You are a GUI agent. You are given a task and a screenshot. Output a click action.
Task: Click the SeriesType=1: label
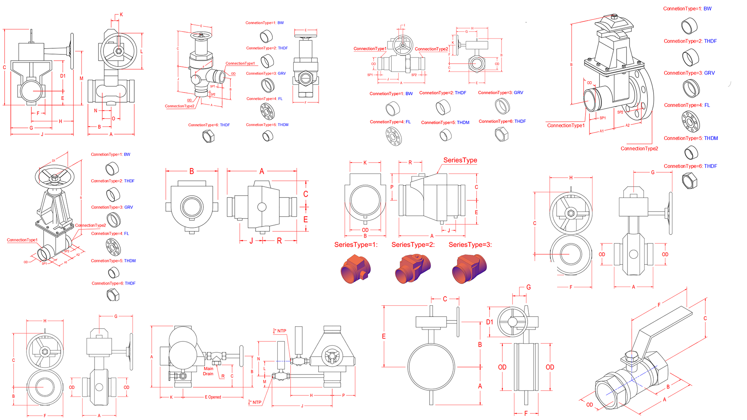[x=356, y=245]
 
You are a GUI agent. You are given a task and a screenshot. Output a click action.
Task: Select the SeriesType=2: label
[x=413, y=245]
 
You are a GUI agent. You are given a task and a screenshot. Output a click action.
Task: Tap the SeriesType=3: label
[x=470, y=245]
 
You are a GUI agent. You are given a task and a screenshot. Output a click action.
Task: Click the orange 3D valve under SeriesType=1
[x=355, y=268]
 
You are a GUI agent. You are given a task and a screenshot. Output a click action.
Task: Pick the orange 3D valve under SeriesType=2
[x=413, y=268]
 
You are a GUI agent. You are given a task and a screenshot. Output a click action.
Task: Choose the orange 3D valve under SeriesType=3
[x=469, y=268]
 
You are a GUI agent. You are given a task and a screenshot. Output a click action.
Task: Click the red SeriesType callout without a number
[x=460, y=160]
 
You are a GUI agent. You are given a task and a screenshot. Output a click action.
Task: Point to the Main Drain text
[x=208, y=371]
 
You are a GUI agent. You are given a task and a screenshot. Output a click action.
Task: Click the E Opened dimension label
[x=213, y=397]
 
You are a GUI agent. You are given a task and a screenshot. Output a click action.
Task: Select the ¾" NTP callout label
[x=280, y=331]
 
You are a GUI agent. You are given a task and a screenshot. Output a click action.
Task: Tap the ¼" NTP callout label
[x=255, y=402]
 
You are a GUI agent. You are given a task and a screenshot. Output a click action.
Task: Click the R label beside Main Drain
[x=223, y=376]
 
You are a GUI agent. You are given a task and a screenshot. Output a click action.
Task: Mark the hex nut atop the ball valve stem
[x=631, y=356]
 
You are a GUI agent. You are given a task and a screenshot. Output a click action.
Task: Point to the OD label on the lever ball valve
[x=589, y=405]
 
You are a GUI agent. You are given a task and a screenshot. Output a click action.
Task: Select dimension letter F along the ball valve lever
[x=659, y=305]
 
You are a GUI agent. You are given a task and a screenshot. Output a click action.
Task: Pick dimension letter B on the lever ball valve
[x=668, y=387]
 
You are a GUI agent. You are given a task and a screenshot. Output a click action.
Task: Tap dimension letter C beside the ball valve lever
[x=705, y=318]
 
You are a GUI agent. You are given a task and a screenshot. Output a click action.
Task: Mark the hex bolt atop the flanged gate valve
[x=614, y=17]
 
